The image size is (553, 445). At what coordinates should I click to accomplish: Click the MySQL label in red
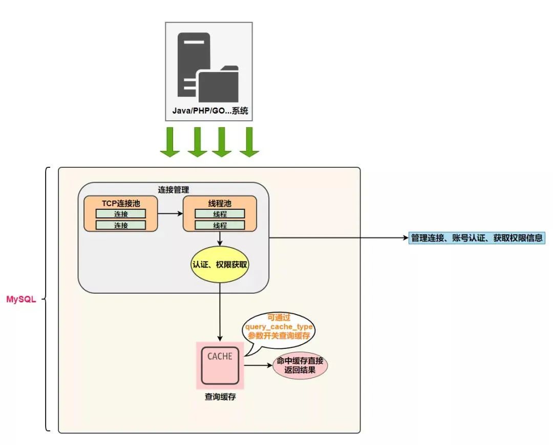click(x=21, y=300)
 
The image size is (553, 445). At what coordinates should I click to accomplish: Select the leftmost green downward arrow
click(x=169, y=142)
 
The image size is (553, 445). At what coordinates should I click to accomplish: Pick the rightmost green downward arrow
click(x=249, y=142)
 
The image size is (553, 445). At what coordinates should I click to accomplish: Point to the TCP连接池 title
click(x=121, y=203)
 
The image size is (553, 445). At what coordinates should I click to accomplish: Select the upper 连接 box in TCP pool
click(x=121, y=213)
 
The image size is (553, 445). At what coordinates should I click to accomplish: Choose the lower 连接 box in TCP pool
click(x=121, y=225)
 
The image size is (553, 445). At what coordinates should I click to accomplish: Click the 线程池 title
click(x=220, y=203)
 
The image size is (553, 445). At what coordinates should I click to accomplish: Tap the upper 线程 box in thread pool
click(x=220, y=214)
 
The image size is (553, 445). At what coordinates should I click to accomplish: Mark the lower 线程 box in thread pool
click(x=220, y=225)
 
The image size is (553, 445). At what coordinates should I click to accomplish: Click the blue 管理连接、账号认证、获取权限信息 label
click(x=476, y=238)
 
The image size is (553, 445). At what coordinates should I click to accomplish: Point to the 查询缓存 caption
click(x=220, y=397)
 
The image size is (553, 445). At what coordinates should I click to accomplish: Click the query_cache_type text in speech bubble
click(x=279, y=327)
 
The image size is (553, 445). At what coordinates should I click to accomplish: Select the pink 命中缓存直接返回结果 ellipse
click(x=300, y=365)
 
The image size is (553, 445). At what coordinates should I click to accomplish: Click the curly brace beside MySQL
click(x=47, y=300)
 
